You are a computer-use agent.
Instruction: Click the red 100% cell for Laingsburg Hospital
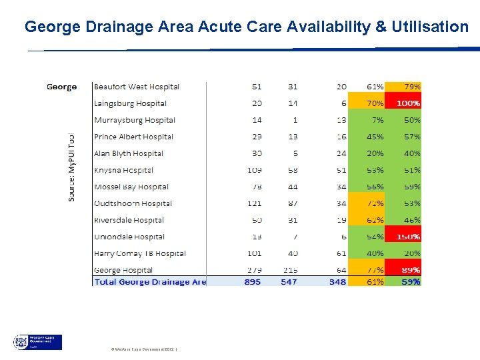[408, 103]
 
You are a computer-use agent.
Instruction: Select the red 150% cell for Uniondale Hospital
[408, 237]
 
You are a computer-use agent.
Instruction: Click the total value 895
[252, 282]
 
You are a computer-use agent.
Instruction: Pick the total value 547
[289, 282]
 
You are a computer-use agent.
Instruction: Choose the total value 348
[337, 282]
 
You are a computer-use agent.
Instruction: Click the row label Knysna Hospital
[124, 170]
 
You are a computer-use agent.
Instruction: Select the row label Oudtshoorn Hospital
[133, 203]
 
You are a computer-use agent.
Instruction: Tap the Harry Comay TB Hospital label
[140, 253]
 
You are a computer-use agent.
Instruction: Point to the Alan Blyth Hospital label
[129, 153]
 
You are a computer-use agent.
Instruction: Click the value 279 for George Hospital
[254, 270]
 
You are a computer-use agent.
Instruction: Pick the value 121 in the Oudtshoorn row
[254, 203]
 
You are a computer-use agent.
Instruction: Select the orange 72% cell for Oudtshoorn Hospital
[375, 203]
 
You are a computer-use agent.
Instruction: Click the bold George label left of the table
[61, 87]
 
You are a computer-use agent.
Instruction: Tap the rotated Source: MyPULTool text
[71, 166]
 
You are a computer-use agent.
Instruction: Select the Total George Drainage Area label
[151, 282]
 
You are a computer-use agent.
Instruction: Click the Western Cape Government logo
[37, 342]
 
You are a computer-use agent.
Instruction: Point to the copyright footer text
[143, 349]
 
